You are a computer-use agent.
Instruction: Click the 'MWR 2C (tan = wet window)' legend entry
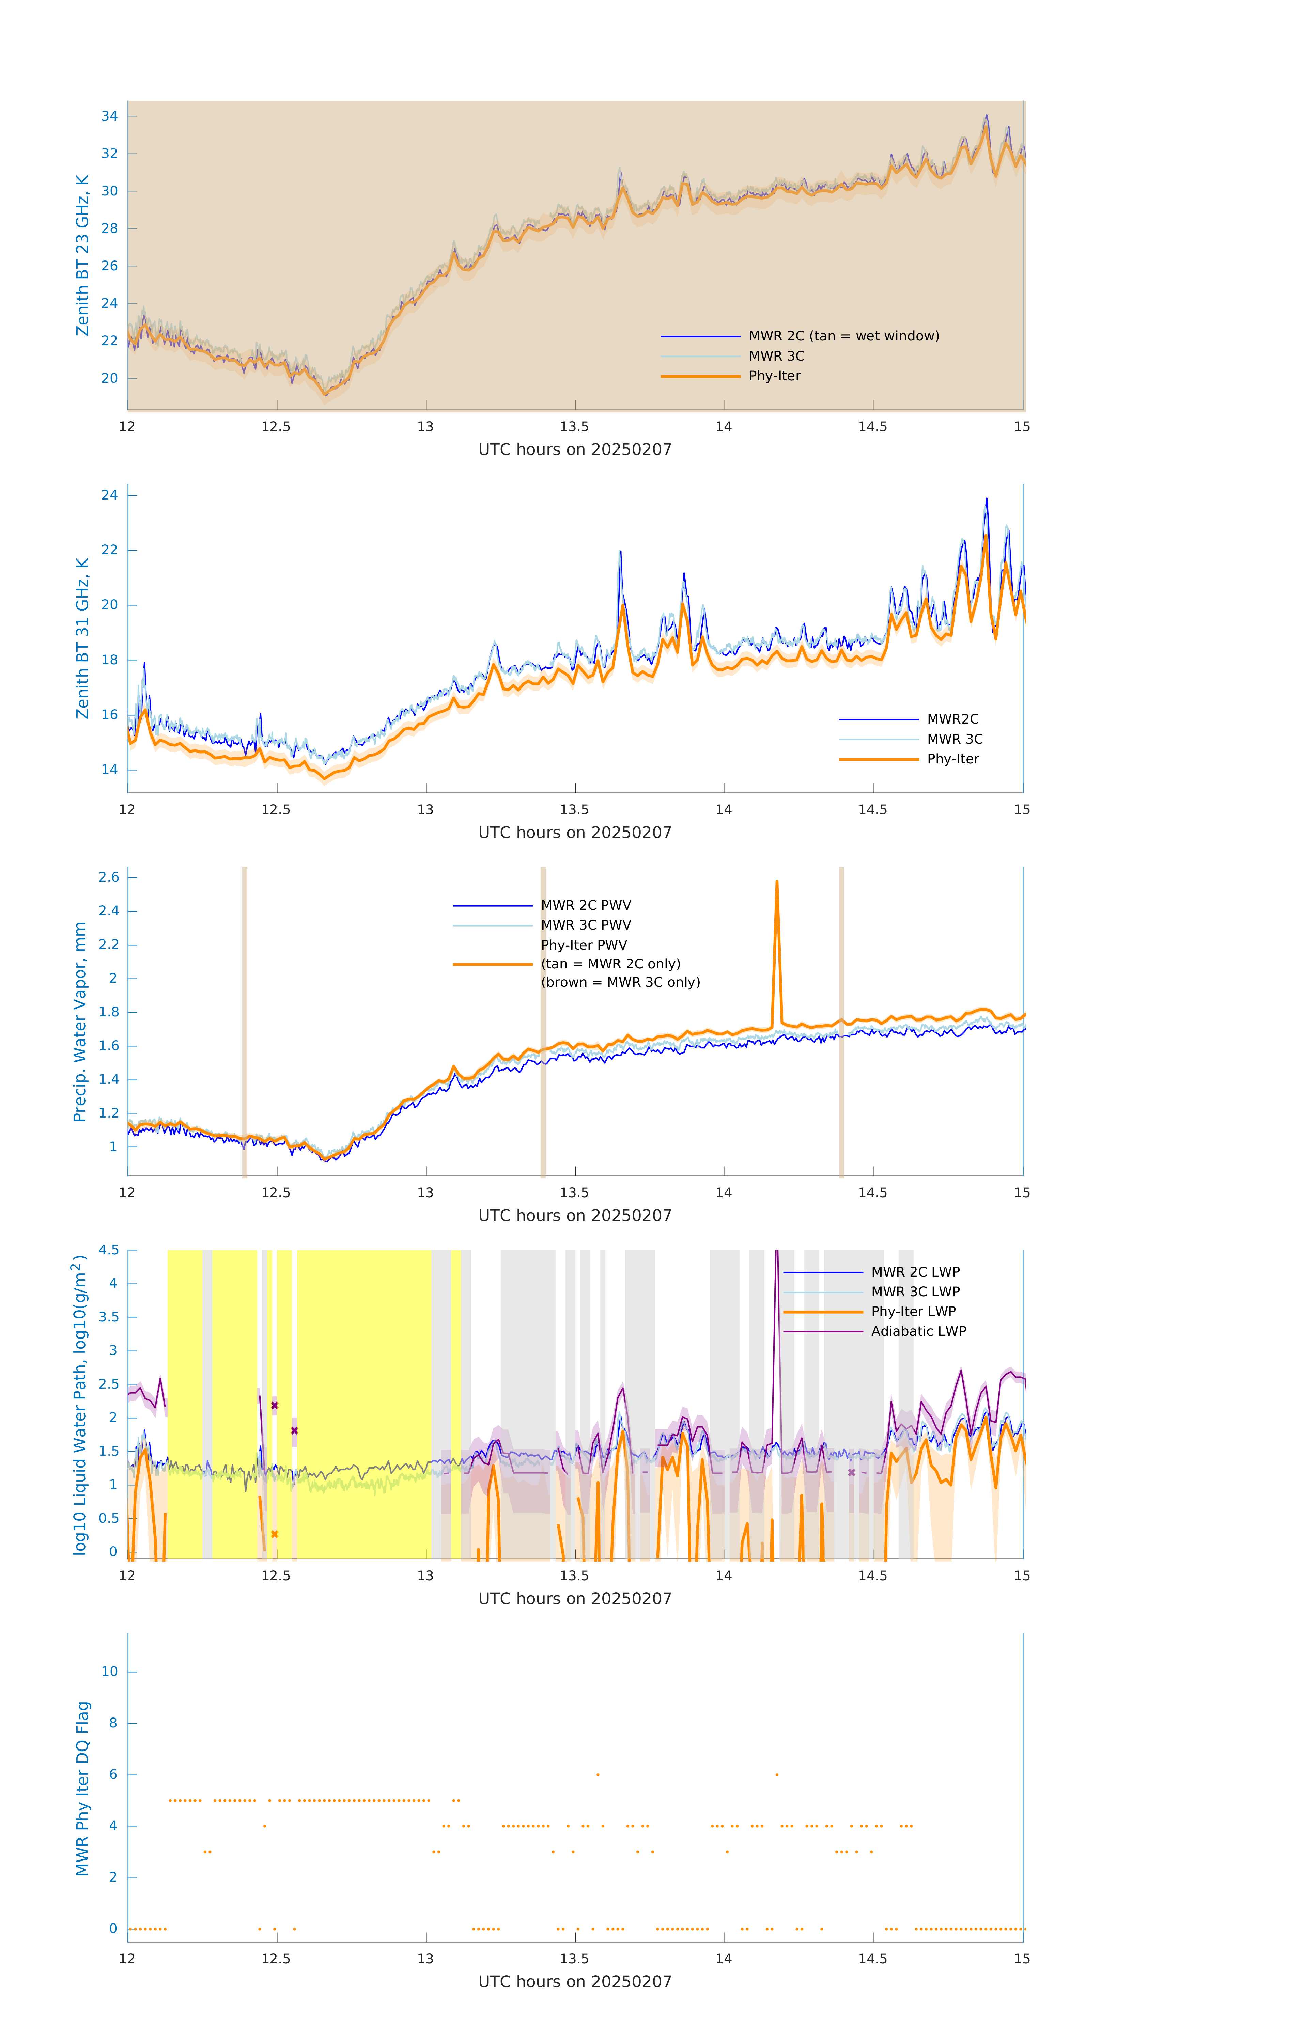(x=843, y=336)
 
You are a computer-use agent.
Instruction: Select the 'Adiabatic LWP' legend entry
(x=918, y=1331)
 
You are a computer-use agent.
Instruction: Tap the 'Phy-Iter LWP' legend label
(x=913, y=1312)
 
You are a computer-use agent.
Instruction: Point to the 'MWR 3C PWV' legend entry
(x=586, y=925)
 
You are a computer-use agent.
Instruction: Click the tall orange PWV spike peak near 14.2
(x=777, y=882)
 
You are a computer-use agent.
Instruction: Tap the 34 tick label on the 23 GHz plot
(x=109, y=116)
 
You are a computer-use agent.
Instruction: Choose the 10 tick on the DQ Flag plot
(x=109, y=1672)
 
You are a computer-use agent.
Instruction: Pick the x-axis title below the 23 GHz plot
(x=575, y=450)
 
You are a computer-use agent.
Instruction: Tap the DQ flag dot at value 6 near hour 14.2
(x=777, y=1774)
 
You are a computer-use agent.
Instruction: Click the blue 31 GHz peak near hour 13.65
(x=621, y=552)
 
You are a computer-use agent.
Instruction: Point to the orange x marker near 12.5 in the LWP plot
(x=274, y=1534)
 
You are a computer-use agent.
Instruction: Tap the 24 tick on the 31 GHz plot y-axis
(x=109, y=495)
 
